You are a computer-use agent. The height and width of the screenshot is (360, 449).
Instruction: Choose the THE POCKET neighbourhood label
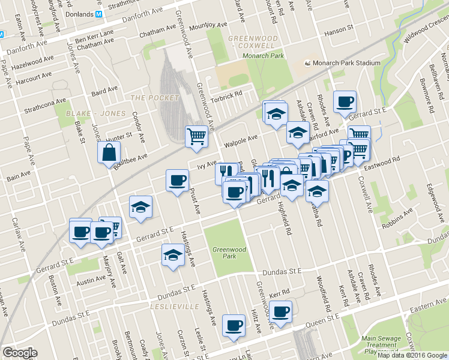[155, 98]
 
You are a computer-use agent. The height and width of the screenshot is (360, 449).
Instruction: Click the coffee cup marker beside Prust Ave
[177, 181]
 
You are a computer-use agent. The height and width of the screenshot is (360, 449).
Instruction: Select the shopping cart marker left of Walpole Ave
[196, 137]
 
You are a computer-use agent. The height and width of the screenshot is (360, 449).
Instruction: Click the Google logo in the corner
[20, 353]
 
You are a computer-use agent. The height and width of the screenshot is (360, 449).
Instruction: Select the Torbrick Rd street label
[229, 95]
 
